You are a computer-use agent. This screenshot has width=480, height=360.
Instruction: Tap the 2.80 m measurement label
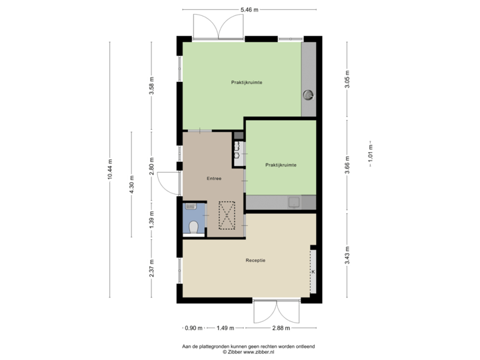pos(151,165)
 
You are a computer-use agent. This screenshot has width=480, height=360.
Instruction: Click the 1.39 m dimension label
pos(151,219)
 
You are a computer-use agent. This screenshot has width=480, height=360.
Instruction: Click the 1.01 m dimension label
pos(371,154)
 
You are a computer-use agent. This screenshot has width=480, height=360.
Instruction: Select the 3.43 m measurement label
pos(347,255)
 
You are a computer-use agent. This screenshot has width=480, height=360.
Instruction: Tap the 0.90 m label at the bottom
pos(194,327)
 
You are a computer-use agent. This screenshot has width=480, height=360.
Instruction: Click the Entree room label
pos(213,179)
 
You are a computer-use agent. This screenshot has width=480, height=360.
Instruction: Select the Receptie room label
pos(255,261)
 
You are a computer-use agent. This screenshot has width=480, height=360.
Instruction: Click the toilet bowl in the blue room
pos(194,227)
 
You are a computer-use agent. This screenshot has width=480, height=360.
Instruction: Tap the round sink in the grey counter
pos(309,94)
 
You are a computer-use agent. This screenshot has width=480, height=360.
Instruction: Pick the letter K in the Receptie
pos(312,272)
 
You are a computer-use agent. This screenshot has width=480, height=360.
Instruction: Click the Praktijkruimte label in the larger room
pos(247,82)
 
